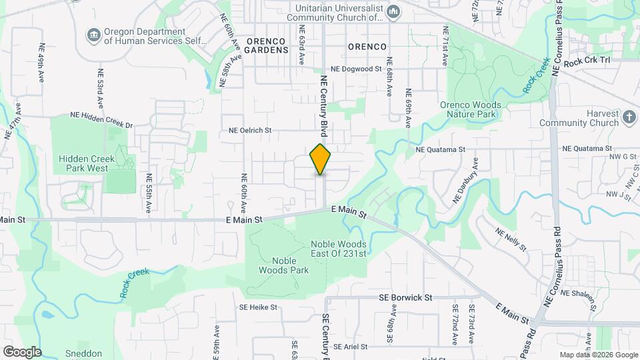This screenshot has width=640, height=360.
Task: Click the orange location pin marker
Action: (320, 159)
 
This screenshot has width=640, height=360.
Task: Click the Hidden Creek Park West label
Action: (83, 163)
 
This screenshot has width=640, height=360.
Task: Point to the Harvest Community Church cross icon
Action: (629, 118)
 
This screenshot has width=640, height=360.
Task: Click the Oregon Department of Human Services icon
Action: (93, 34)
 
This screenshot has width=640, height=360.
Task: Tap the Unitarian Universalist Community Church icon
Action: (393, 11)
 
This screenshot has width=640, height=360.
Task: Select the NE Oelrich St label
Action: (251, 131)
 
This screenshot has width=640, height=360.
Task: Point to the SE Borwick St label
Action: (405, 297)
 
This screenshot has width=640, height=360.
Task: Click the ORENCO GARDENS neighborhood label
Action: (267, 45)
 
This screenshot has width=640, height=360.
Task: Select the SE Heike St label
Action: (258, 307)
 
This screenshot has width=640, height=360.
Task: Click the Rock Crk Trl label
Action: (587, 61)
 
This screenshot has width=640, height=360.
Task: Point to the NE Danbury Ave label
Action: (465, 181)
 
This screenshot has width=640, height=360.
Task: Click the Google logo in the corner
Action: (21, 351)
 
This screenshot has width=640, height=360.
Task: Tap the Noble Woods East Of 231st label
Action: (339, 249)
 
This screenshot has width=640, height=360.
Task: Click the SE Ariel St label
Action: (351, 347)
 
